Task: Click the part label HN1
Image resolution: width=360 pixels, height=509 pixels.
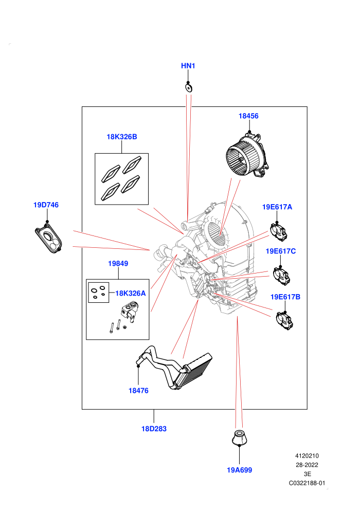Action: click(x=188, y=66)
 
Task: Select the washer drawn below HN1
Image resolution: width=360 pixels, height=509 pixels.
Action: click(x=188, y=87)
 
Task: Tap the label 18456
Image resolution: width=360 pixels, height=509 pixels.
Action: click(x=248, y=116)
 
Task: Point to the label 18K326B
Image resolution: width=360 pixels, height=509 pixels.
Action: click(x=122, y=137)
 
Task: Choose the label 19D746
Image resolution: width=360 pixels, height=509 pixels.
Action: click(x=46, y=205)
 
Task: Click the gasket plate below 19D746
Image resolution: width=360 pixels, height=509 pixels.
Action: click(x=49, y=238)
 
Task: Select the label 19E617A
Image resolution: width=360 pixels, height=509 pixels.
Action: click(x=277, y=207)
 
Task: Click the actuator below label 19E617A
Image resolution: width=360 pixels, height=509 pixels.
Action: click(x=279, y=232)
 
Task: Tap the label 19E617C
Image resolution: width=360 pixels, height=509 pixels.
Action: click(x=281, y=251)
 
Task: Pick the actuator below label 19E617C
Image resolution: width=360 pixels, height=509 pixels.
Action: click(x=281, y=276)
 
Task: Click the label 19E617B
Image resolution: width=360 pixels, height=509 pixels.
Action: click(x=285, y=297)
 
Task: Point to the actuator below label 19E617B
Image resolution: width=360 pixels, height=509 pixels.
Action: click(x=285, y=320)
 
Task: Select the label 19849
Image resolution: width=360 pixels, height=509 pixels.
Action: click(x=118, y=264)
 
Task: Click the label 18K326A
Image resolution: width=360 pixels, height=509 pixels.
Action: click(x=131, y=294)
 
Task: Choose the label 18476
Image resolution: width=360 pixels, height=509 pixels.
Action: click(x=139, y=391)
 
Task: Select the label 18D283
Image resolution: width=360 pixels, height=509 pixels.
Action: click(x=154, y=429)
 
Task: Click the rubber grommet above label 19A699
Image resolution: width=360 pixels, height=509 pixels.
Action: click(x=240, y=438)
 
